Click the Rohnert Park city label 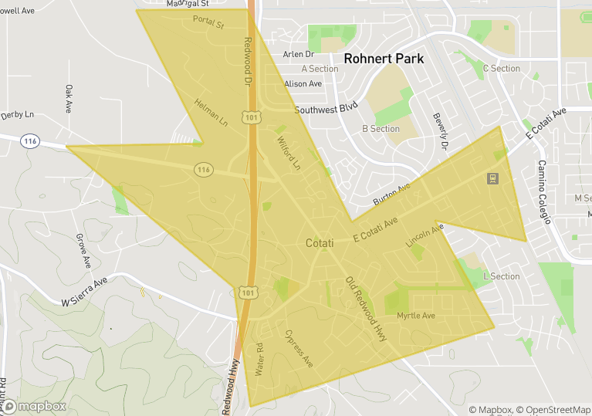pyautogui.click(x=384, y=59)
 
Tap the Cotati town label pyautogui.click(x=320, y=243)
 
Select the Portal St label pyautogui.click(x=208, y=23)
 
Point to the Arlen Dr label pyautogui.click(x=299, y=54)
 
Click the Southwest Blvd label pyautogui.click(x=327, y=110)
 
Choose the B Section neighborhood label pyautogui.click(x=381, y=129)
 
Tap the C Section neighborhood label pyautogui.click(x=502, y=69)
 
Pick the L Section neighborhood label pyautogui.click(x=501, y=276)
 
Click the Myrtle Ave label pyautogui.click(x=416, y=316)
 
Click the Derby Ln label pyautogui.click(x=18, y=114)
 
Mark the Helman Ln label pyautogui.click(x=211, y=113)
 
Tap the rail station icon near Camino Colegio pyautogui.click(x=491, y=179)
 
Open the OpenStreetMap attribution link pyautogui.click(x=553, y=410)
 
